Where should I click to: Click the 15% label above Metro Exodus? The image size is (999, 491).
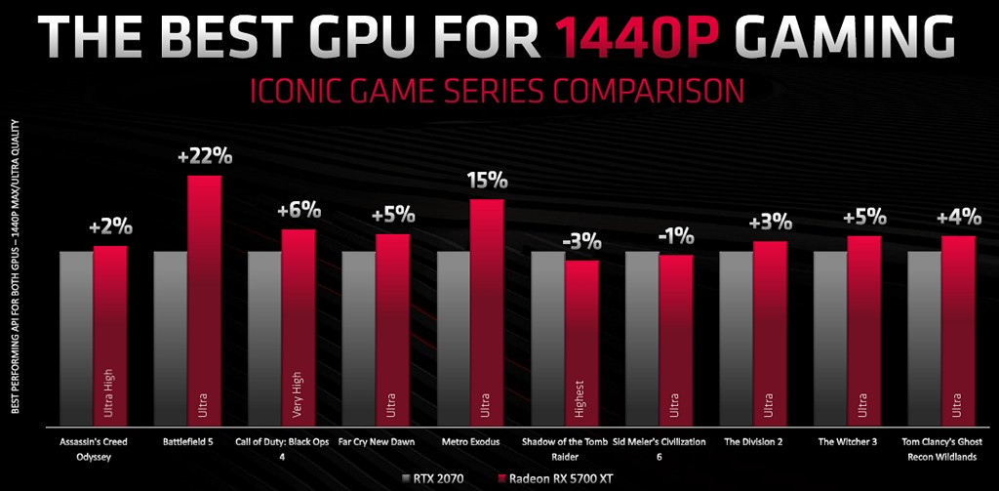(x=487, y=181)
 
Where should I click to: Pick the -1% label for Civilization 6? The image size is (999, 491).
(x=675, y=235)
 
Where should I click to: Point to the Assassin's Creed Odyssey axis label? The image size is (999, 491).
(x=93, y=448)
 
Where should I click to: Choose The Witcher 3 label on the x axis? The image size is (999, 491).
(x=846, y=442)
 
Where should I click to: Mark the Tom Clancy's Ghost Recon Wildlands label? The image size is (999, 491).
(x=940, y=448)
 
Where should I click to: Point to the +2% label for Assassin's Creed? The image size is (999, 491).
(x=110, y=227)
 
